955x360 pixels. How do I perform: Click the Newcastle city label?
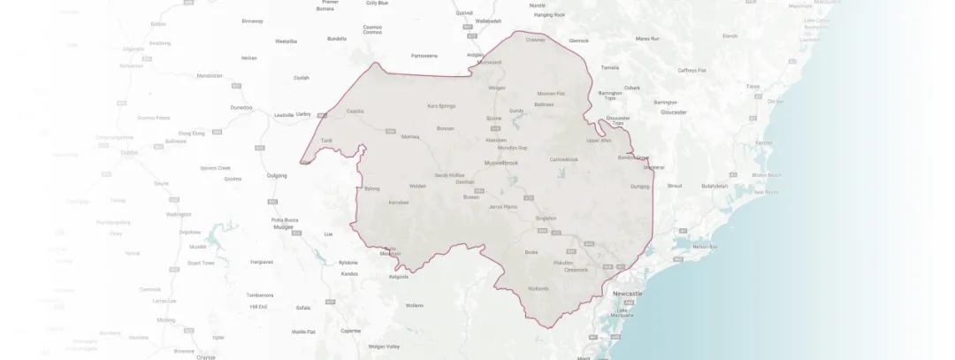pyautogui.click(x=628, y=293)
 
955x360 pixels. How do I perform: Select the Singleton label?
pyautogui.click(x=546, y=218)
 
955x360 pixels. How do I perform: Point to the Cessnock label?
pyautogui.click(x=577, y=270)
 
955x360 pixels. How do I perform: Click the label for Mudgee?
pyautogui.click(x=281, y=226)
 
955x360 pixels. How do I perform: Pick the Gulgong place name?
pyautogui.click(x=277, y=175)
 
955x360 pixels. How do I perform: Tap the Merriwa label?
pyautogui.click(x=410, y=136)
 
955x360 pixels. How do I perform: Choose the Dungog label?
pyautogui.click(x=639, y=187)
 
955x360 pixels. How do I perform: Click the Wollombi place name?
pyautogui.click(x=539, y=289)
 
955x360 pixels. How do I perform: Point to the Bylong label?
pyautogui.click(x=371, y=188)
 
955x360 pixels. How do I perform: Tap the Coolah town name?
pyautogui.click(x=302, y=78)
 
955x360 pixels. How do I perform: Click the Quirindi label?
pyautogui.click(x=464, y=13)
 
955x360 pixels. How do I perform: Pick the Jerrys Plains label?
pyautogui.click(x=502, y=207)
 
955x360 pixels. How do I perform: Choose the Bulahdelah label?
pyautogui.click(x=714, y=186)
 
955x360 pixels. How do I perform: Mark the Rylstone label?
pyautogui.click(x=349, y=262)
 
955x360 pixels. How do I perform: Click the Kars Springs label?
pyautogui.click(x=440, y=106)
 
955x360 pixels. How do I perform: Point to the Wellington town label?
pyautogui.click(x=179, y=214)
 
